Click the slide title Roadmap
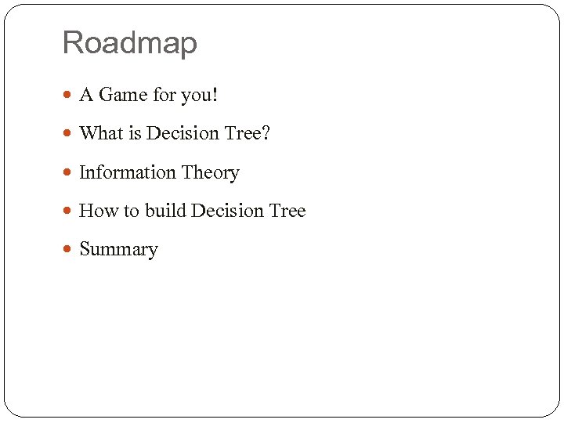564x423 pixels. tap(129, 42)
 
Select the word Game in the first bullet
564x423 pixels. tap(122, 95)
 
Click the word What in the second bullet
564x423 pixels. tap(101, 133)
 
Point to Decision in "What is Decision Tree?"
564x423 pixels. tap(183, 133)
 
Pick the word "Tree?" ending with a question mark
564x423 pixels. tap(247, 133)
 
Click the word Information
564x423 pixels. tap(128, 172)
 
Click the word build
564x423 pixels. tap(165, 211)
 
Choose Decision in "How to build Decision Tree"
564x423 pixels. tap(227, 211)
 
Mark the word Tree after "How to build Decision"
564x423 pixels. tap(287, 211)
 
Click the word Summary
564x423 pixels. tap(118, 250)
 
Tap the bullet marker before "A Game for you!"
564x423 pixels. tap(68, 96)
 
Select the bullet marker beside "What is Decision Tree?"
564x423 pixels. tap(68, 134)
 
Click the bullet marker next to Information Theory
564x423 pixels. tap(68, 173)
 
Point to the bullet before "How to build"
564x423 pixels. tap(68, 211)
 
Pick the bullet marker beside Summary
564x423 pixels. tap(68, 250)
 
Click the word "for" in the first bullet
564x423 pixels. tap(164, 95)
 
